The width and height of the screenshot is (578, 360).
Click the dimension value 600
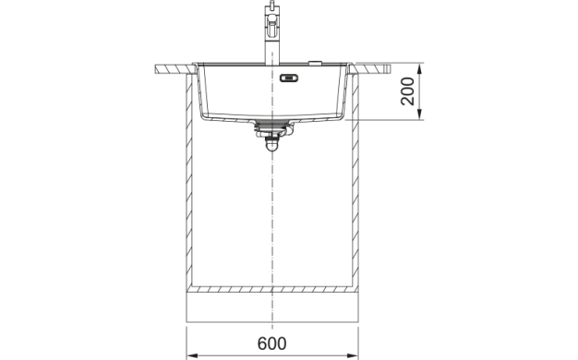[271, 343]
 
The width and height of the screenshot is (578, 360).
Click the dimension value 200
[407, 92]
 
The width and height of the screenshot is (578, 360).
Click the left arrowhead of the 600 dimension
[192, 354]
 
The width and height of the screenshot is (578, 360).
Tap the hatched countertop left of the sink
[174, 68]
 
